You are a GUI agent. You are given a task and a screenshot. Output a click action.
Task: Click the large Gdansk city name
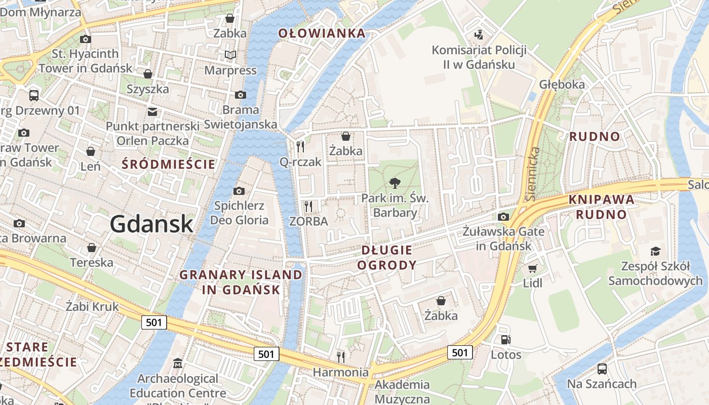click(151, 224)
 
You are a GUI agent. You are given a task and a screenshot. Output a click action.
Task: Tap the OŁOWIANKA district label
click(322, 33)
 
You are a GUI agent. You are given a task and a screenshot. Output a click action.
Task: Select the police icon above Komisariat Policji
click(479, 35)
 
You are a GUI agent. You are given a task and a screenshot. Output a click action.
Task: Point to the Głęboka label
click(562, 85)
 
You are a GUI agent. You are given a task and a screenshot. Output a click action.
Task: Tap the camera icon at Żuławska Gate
click(503, 217)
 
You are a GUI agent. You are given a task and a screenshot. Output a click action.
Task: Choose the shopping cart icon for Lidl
click(532, 268)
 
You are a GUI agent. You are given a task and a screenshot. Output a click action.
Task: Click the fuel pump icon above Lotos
click(505, 340)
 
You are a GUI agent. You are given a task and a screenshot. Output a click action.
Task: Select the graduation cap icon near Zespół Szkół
click(655, 251)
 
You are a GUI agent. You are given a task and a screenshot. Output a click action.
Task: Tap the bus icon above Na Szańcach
click(602, 369)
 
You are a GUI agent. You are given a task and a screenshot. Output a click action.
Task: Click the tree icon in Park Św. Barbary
click(395, 183)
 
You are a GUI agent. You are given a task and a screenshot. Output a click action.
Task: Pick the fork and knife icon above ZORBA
click(308, 207)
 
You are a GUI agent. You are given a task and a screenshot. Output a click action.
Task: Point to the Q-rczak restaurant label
click(301, 162)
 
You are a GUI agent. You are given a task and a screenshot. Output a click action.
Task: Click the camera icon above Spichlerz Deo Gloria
click(239, 191)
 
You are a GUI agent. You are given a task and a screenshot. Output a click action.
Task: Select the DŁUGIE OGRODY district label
click(387, 257)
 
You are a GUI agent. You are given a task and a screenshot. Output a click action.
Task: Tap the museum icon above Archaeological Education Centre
click(178, 363)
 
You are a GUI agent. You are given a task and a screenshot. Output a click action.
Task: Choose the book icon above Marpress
click(230, 55)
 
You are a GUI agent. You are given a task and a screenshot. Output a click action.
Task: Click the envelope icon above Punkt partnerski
click(152, 111)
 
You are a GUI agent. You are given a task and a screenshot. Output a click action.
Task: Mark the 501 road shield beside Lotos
click(460, 352)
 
